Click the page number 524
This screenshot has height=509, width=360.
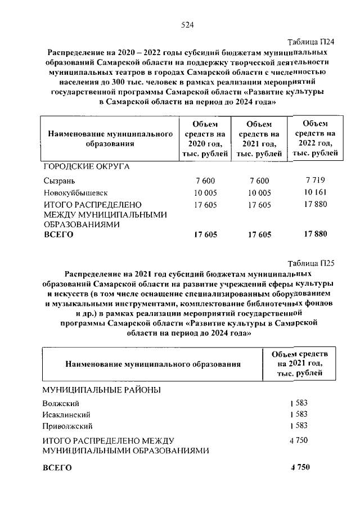[x=187, y=24]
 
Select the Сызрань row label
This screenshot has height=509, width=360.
[x=58, y=181]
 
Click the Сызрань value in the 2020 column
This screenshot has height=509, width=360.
[x=206, y=181]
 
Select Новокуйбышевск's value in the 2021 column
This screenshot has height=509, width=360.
[x=259, y=192]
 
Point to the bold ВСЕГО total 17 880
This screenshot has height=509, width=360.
[x=315, y=234]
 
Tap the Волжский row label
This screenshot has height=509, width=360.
[x=61, y=404]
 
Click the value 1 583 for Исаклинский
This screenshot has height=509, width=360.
[x=299, y=414]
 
